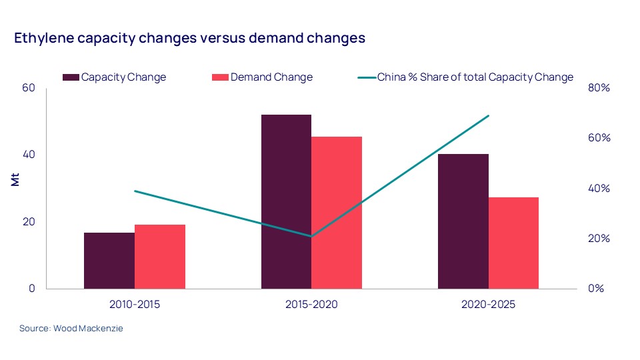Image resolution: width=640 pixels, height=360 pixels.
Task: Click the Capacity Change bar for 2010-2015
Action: (109, 261)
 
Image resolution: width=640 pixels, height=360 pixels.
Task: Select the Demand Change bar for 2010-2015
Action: (160, 257)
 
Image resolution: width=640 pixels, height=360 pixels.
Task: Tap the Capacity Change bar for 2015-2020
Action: (286, 201)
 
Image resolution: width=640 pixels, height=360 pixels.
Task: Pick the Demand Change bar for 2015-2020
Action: (337, 213)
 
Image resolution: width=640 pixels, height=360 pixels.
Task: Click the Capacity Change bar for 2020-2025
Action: (463, 221)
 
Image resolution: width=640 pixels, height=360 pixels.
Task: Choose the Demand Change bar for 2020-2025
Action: (514, 243)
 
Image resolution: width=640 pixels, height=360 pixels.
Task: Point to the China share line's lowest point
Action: (311, 236)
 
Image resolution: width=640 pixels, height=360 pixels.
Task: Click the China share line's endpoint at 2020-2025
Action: (489, 115)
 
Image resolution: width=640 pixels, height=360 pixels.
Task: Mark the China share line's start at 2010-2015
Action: (135, 191)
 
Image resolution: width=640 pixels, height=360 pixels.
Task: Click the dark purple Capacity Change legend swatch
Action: (71, 77)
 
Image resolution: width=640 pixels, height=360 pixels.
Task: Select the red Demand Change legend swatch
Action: (220, 77)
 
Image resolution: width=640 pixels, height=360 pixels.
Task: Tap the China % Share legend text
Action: (475, 77)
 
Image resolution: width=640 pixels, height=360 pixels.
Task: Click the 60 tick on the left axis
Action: (30, 88)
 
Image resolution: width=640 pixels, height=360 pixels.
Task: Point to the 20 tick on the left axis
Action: (30, 222)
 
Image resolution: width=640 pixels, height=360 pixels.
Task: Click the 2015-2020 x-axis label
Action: (311, 305)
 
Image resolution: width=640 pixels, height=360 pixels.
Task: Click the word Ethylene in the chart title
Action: (43, 38)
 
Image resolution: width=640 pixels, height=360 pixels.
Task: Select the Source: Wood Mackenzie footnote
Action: (71, 329)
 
